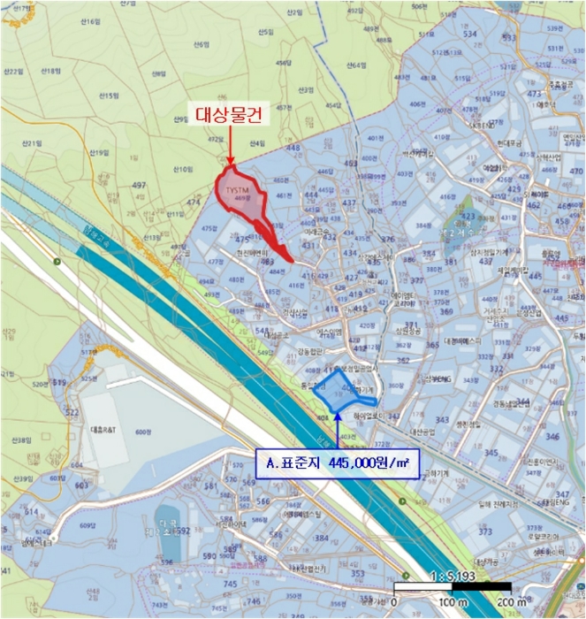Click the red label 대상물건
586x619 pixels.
[x=228, y=115]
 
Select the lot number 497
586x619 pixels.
[x=138, y=185]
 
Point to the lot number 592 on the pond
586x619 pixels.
[x=180, y=531]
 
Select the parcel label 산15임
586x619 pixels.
[x=108, y=95]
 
